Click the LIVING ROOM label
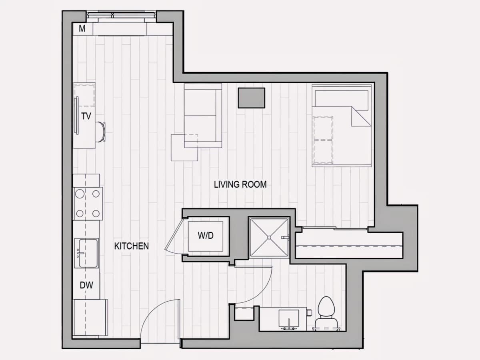[x=240, y=185]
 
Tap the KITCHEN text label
[x=132, y=246]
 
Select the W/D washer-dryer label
[x=206, y=236]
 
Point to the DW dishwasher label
[x=86, y=285]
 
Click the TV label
[x=86, y=116]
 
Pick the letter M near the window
[x=82, y=29]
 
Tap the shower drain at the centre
[x=269, y=238]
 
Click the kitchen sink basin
[x=88, y=253]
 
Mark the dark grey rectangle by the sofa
[x=252, y=98]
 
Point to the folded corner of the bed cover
[x=361, y=116]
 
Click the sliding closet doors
[x=335, y=228]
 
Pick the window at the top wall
[x=121, y=15]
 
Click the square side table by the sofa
[x=184, y=148]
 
